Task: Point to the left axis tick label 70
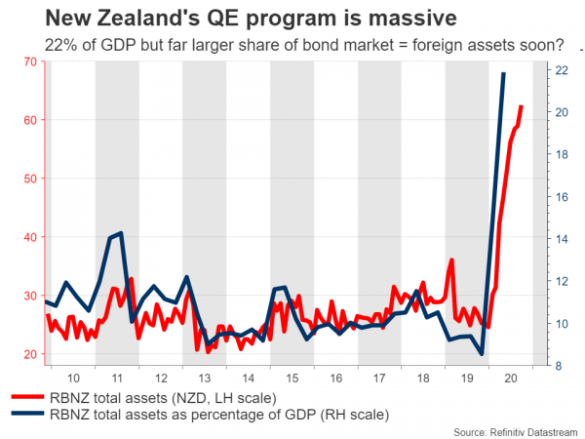click(28, 61)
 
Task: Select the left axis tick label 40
click(28, 237)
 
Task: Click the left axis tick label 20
click(28, 354)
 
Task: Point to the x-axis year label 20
click(507, 378)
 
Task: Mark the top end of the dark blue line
click(503, 73)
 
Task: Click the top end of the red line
click(521, 106)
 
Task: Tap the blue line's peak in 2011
click(120, 233)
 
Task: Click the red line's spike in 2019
click(452, 260)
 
